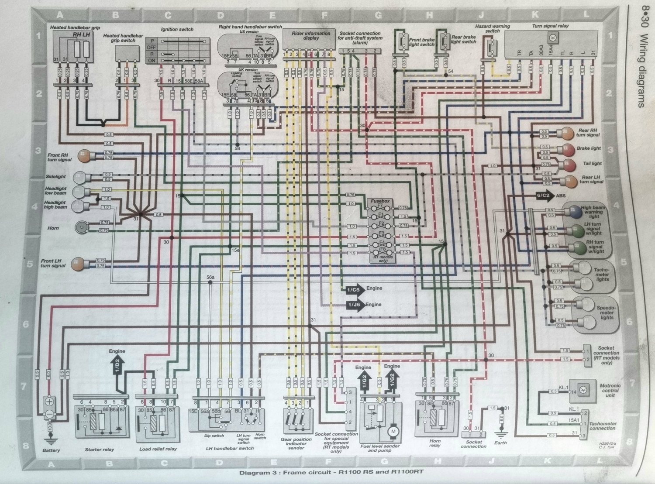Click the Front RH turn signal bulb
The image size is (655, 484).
coord(84,155)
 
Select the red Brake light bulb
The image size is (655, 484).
coord(567,149)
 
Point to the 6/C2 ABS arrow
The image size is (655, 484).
coord(545,196)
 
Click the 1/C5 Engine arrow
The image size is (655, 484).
coord(355,289)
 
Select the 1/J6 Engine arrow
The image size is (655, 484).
coord(355,305)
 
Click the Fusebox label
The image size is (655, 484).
coord(380,201)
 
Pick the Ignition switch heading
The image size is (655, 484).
coord(177,30)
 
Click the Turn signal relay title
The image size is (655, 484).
coord(550,26)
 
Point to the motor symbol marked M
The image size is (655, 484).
coord(393,432)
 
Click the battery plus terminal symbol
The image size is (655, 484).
coord(49,401)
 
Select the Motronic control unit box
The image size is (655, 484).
coord(582,390)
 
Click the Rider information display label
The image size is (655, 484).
coord(311,36)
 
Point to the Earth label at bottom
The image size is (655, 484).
coord(500,443)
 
